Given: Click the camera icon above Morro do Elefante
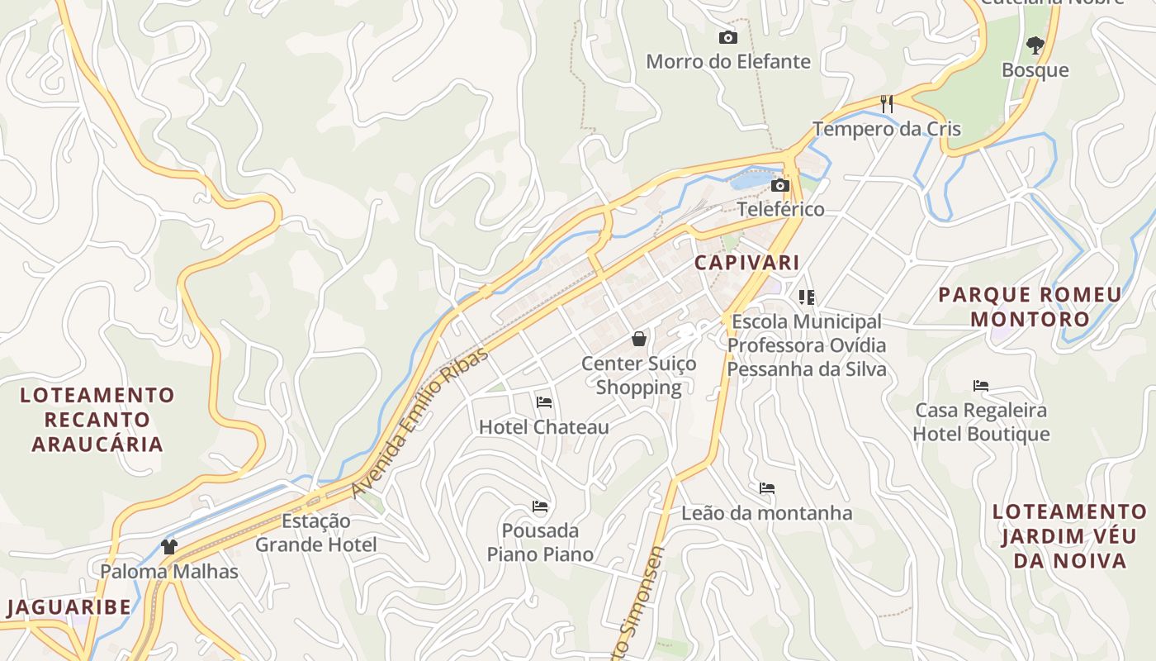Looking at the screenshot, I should (x=727, y=37).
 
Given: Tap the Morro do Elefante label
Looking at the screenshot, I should (x=727, y=62).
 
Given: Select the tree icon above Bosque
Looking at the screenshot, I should (x=1035, y=45).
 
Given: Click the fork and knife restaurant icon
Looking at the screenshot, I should (x=887, y=104).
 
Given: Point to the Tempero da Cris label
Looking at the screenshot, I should (x=887, y=129).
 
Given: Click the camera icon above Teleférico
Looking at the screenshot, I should (x=779, y=185).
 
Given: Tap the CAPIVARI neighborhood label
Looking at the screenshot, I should (x=746, y=263).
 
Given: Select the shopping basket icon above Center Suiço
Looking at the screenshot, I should (x=638, y=339).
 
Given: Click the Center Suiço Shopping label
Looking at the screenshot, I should (x=638, y=375).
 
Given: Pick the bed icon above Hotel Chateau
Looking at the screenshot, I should (x=543, y=402).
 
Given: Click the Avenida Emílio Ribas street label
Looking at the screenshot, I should (x=419, y=423).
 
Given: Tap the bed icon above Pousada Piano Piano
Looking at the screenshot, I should (x=540, y=506).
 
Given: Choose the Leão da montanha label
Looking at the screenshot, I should (x=766, y=513).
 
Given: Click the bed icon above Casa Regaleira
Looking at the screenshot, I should (x=981, y=385).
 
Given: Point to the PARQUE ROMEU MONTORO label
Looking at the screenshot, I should (x=1030, y=307).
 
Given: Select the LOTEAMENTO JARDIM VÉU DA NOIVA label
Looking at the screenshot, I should (x=1069, y=536).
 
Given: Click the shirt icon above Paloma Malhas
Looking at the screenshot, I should (x=169, y=546).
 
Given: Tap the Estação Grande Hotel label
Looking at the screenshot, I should (x=315, y=533).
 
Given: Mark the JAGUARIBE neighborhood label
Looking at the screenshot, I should (x=69, y=607).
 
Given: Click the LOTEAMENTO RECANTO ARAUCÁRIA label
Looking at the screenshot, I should (x=97, y=419).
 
